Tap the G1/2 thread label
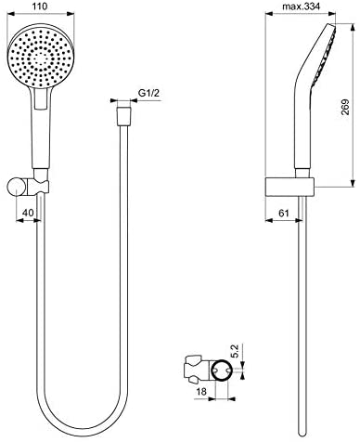(151, 93)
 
